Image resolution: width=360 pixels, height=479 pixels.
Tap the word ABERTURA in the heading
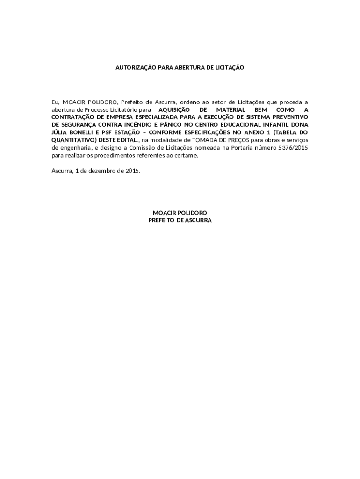point(189,68)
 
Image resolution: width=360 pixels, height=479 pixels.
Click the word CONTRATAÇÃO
point(73,117)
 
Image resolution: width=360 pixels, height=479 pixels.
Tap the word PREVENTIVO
point(289,117)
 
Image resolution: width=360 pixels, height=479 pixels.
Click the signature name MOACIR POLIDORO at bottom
point(180,212)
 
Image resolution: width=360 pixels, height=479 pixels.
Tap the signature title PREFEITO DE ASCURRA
point(180,220)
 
